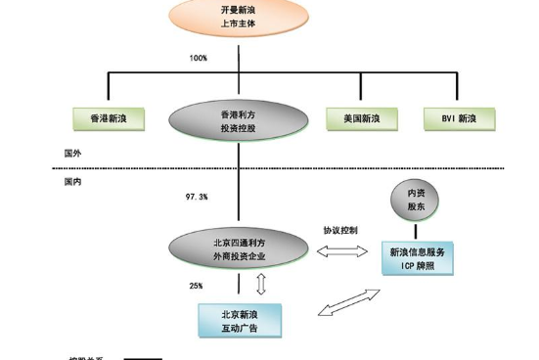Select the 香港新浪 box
point(109,119)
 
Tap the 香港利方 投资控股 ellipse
point(223,119)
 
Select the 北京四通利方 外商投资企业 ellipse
point(239,248)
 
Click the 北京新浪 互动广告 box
point(240,320)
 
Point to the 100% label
point(198,59)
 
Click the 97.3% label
point(197,197)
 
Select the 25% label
point(196,286)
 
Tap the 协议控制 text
point(340,231)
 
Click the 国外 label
point(71,153)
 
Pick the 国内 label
point(71,181)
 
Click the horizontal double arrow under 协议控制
point(340,251)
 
